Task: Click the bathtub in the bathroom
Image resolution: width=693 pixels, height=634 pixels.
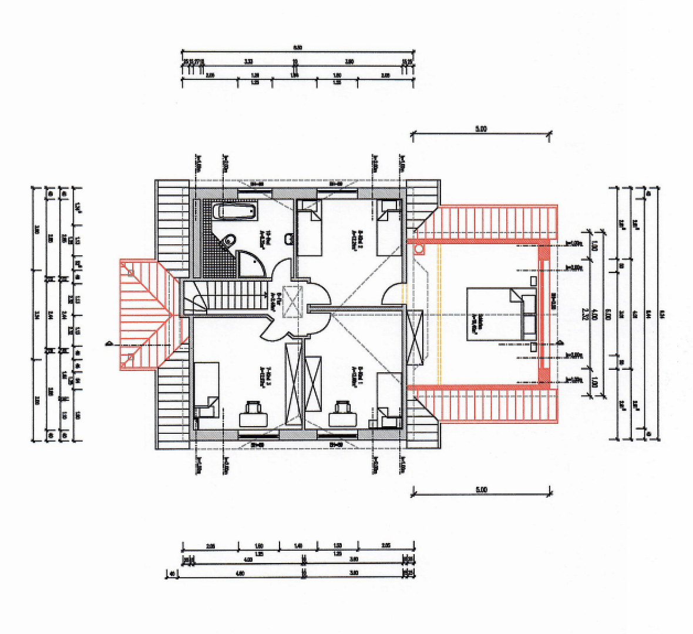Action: coord(234,212)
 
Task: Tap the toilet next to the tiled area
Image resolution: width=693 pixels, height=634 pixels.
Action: coord(229,239)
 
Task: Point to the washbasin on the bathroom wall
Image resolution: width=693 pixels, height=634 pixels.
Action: coord(289,239)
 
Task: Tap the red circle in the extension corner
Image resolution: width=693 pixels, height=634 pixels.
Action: coord(419,249)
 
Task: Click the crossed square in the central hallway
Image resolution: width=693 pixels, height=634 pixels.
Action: coord(291,301)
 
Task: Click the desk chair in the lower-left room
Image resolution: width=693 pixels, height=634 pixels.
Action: coord(254,414)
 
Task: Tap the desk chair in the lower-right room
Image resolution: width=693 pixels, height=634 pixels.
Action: coord(344,414)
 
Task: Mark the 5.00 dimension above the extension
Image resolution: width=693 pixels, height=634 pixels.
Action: coord(481,129)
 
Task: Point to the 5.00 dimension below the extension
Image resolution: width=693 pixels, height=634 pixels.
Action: coord(481,489)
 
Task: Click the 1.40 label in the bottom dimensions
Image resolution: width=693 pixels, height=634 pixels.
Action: coord(298,546)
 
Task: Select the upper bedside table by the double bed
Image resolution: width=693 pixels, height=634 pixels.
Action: coord(533,281)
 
